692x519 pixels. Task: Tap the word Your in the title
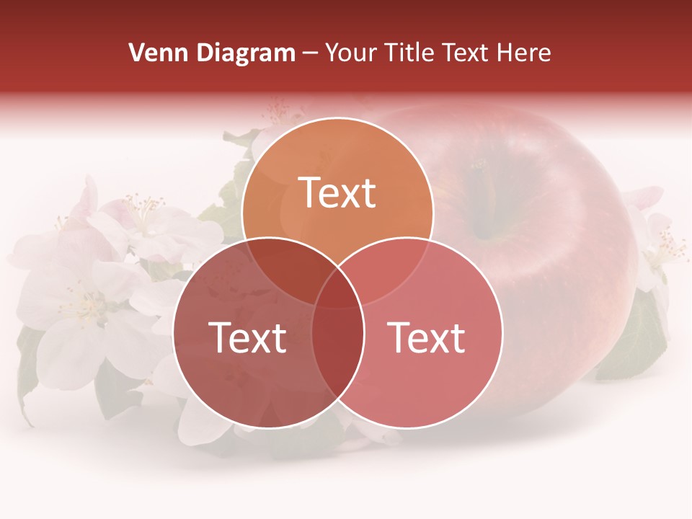(x=351, y=53)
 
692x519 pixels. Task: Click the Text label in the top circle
(x=337, y=193)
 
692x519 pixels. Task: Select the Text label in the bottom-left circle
(x=247, y=337)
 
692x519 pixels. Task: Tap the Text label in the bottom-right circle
(x=427, y=337)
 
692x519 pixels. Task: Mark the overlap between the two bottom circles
(x=337, y=346)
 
